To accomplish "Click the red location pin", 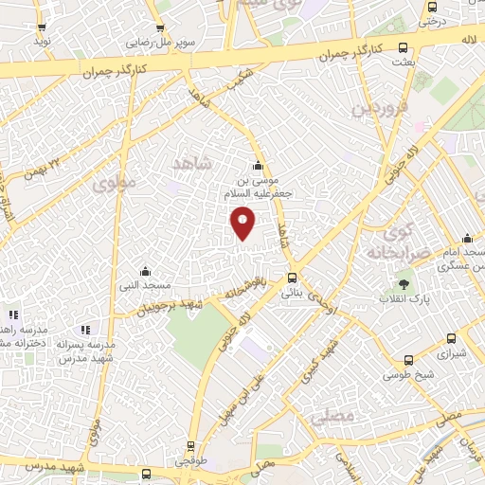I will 243,223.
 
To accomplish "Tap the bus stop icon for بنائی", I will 292,278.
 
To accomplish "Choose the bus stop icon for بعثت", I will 404,47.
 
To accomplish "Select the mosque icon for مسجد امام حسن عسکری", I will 466,239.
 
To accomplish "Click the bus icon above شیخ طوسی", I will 408,360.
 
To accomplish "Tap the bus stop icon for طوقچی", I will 190,446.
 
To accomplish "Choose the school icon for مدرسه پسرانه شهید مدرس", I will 85,330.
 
